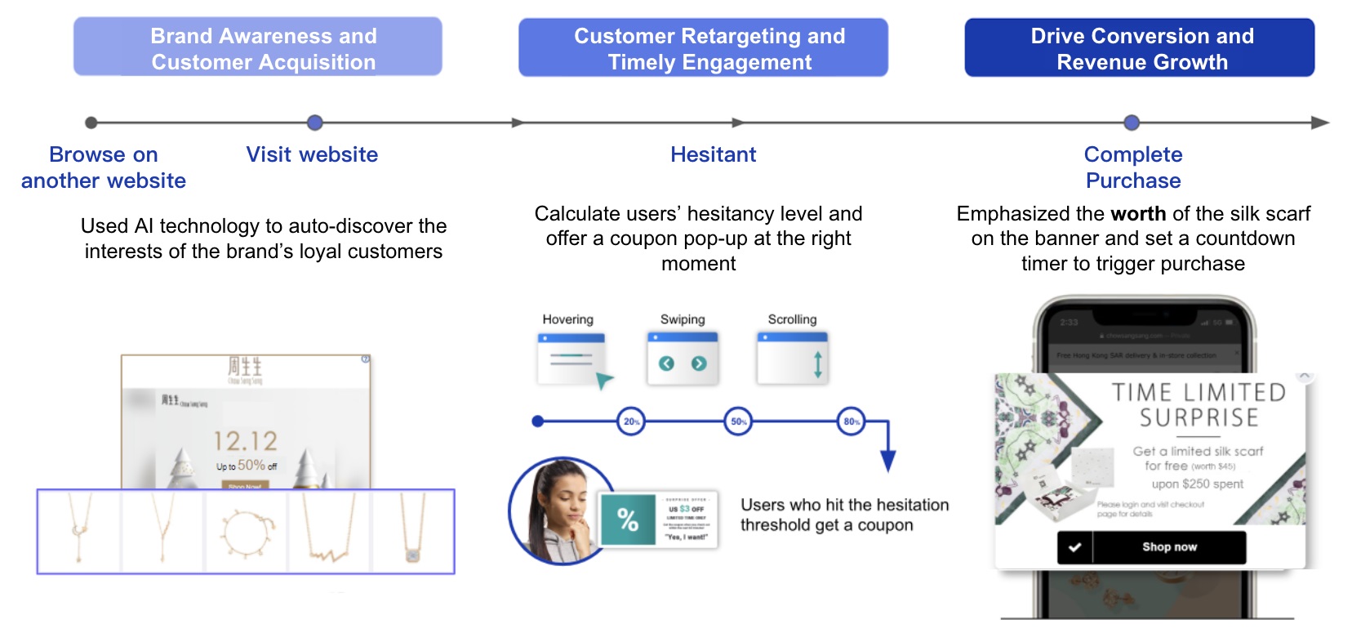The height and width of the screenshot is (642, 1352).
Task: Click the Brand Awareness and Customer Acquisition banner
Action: [x=258, y=47]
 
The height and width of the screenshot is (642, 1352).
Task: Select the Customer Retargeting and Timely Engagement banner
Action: [x=703, y=48]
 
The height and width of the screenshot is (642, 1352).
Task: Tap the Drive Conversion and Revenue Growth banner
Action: [x=1139, y=48]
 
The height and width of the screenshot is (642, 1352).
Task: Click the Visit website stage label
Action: [x=312, y=154]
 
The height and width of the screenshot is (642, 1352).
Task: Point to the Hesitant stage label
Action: [x=713, y=154]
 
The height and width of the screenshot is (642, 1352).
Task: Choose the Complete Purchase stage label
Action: [x=1132, y=167]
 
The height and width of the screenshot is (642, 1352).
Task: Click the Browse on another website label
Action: [x=104, y=167]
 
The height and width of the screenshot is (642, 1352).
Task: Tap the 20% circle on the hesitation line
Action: [x=631, y=421]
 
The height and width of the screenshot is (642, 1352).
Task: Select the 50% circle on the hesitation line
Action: [x=738, y=421]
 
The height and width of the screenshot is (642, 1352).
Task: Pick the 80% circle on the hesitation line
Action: [x=851, y=421]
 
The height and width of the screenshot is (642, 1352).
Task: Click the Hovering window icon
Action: [x=572, y=359]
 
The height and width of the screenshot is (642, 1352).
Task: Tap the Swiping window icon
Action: [x=683, y=359]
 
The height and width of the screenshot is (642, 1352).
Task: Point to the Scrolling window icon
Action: [x=793, y=359]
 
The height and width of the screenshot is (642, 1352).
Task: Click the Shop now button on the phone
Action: [x=1168, y=547]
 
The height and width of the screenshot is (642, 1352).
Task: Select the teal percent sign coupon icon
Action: [x=627, y=519]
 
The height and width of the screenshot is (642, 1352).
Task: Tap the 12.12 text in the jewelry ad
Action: [x=245, y=441]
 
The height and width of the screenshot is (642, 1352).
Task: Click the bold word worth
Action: [x=1138, y=214]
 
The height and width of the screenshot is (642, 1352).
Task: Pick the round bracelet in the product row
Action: [x=246, y=533]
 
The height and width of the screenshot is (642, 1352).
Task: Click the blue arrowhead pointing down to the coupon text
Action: [x=888, y=462]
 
